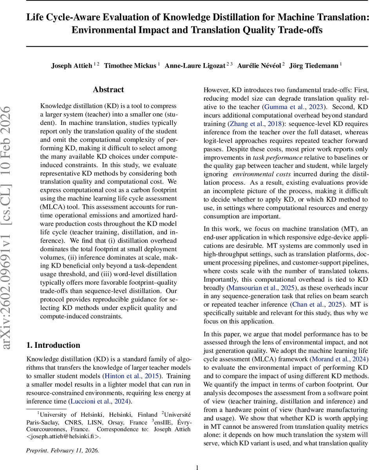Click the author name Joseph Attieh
72,66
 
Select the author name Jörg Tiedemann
314,66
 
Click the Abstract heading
109,90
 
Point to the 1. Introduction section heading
53,345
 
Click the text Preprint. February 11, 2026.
63,451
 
